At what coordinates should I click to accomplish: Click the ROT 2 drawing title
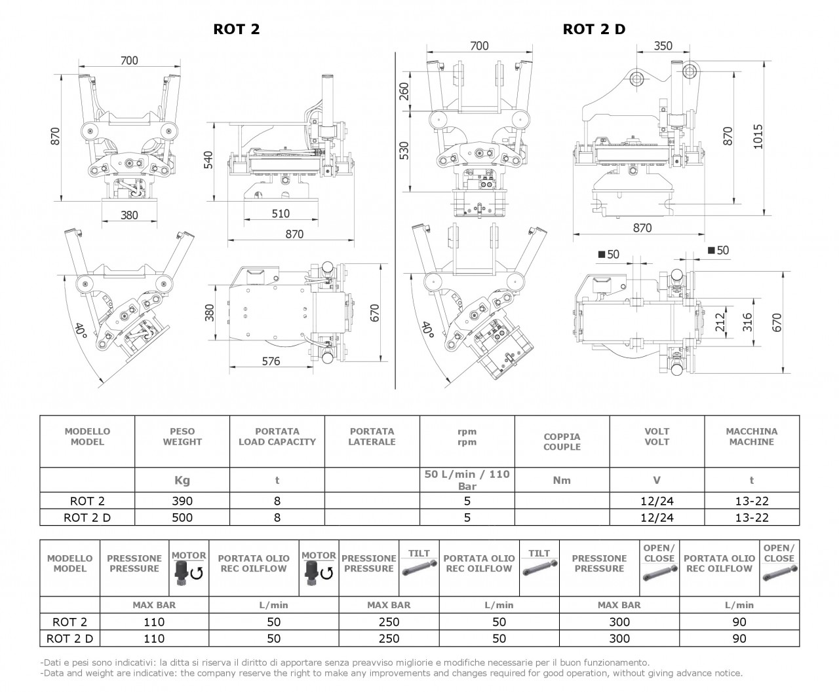(236, 29)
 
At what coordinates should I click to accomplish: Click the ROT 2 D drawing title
(594, 29)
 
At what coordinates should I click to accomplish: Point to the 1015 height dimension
(758, 136)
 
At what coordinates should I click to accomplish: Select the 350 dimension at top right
(663, 46)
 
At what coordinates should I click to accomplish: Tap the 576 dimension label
(271, 361)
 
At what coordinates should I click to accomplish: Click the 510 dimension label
(281, 213)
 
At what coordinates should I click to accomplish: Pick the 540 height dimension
(208, 160)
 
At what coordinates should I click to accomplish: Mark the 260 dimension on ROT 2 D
(404, 91)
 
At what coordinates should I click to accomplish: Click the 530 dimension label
(404, 151)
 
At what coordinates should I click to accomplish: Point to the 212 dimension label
(720, 322)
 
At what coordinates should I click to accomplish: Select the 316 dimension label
(747, 322)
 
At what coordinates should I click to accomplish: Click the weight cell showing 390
(182, 501)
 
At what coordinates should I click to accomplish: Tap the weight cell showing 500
(182, 517)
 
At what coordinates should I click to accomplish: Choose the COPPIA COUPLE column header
(562, 441)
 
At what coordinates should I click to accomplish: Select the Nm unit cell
(562, 480)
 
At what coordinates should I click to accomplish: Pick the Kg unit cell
(182, 481)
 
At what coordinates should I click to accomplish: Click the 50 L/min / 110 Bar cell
(467, 480)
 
